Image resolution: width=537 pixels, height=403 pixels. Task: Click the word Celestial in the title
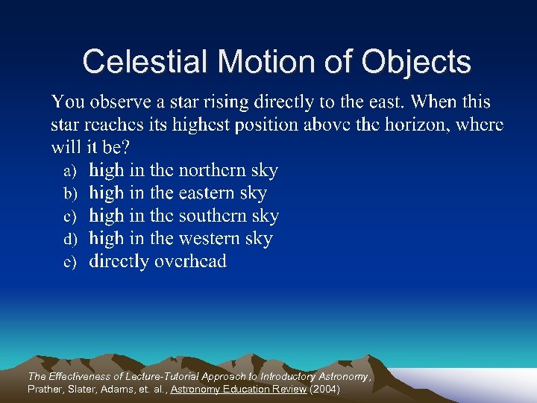pyautogui.click(x=137, y=61)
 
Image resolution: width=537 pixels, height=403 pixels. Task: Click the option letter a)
pyautogui.click(x=70, y=172)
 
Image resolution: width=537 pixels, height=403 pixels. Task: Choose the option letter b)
pyautogui.click(x=70, y=194)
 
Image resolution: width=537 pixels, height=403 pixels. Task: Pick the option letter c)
pyautogui.click(x=70, y=217)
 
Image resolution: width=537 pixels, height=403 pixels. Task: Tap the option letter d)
pyautogui.click(x=70, y=240)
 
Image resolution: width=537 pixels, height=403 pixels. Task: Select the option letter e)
pyautogui.click(x=70, y=263)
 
